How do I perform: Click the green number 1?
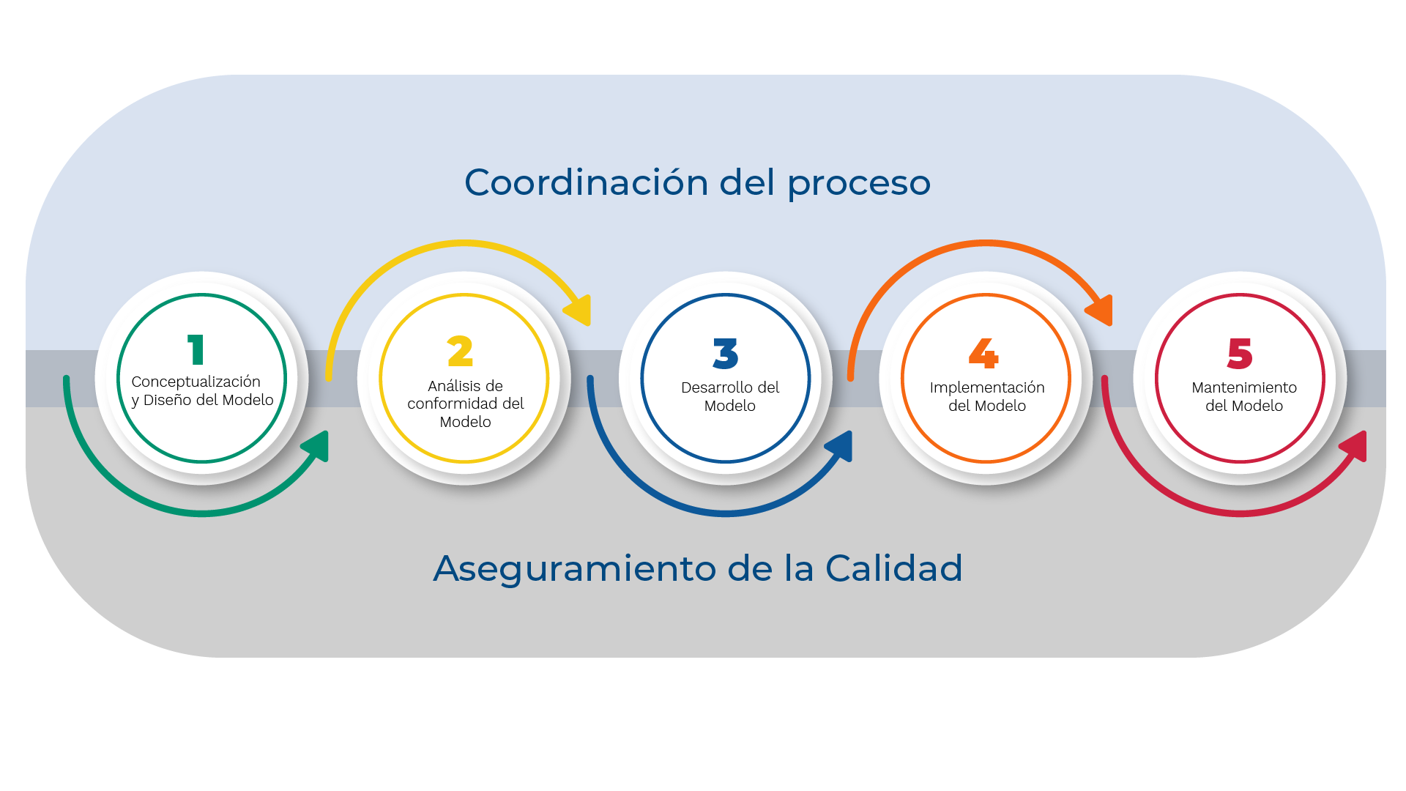click(x=196, y=349)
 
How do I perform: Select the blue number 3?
click(x=726, y=353)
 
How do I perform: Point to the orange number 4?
click(x=983, y=353)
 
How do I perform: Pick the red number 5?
click(x=1240, y=353)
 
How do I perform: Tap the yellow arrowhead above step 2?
click(x=579, y=310)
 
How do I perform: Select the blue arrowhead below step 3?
click(x=841, y=445)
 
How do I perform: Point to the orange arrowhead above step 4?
click(x=1101, y=310)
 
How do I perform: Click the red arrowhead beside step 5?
click(x=1355, y=445)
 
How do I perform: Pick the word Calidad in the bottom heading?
click(x=893, y=568)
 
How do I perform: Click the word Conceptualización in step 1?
click(x=196, y=382)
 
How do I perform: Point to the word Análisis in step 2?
click(x=450, y=386)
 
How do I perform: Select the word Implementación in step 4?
click(x=987, y=388)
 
